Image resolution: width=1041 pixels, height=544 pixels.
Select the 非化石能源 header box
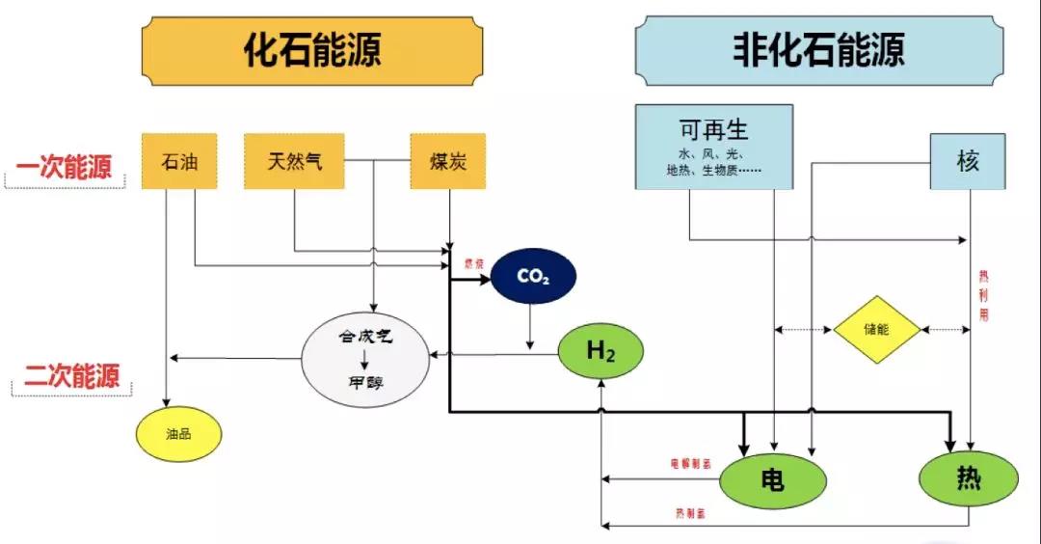(x=818, y=50)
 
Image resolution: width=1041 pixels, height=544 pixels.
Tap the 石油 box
(x=179, y=160)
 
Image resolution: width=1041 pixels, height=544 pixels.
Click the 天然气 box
(x=294, y=160)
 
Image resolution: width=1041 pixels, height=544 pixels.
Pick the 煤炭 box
(x=447, y=160)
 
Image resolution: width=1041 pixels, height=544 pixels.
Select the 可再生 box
(x=713, y=146)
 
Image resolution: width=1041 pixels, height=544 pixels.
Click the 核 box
(x=968, y=161)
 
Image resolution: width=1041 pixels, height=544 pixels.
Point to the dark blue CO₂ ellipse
(x=533, y=278)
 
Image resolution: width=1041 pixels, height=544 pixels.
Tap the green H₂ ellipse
(x=601, y=353)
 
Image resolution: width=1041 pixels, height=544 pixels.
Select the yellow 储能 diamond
(x=876, y=330)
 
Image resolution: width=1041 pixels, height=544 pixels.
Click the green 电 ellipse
(x=773, y=479)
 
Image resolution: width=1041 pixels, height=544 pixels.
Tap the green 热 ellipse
(x=968, y=477)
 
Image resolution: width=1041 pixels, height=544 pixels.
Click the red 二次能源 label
(x=71, y=376)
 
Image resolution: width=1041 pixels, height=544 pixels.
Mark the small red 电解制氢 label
(x=690, y=464)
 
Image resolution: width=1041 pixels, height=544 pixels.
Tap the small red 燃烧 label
(x=472, y=263)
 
